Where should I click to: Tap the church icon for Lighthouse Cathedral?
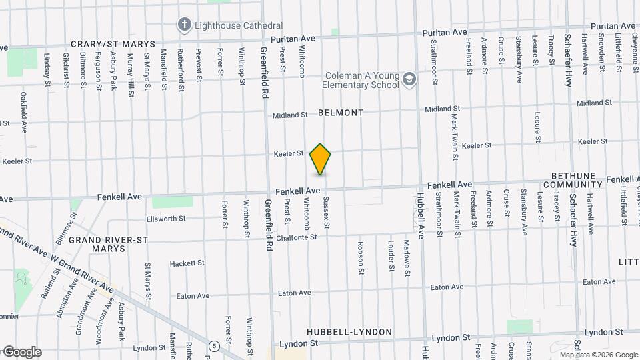tap(184, 25)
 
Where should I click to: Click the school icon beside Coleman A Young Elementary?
tap(409, 81)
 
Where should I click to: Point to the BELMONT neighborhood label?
tap(341, 113)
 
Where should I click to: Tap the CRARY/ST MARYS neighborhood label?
tap(113, 43)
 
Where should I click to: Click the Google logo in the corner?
tap(21, 352)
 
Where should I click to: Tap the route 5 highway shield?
tap(213, 346)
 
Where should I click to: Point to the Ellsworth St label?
tap(166, 218)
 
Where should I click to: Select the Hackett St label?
tap(187, 263)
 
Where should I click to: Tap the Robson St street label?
tap(361, 258)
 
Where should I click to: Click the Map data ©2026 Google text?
tap(599, 355)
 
